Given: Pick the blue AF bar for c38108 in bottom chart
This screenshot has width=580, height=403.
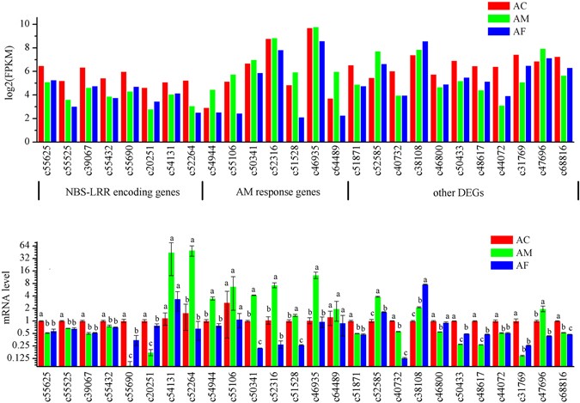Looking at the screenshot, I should pyautogui.click(x=425, y=327).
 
